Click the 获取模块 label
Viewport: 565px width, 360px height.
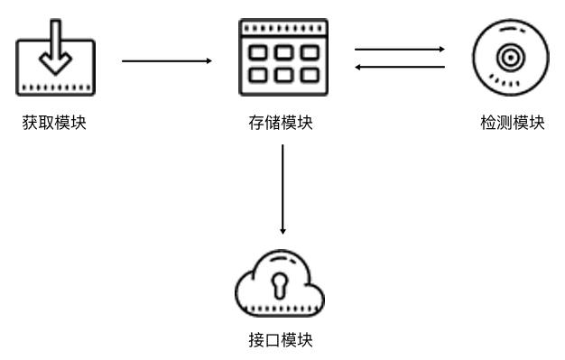(x=54, y=122)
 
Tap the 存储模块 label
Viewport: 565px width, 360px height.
(x=281, y=122)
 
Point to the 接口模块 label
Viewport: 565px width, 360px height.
(x=281, y=340)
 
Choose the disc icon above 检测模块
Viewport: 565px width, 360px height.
(x=510, y=60)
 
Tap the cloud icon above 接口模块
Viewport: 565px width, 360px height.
(x=279, y=286)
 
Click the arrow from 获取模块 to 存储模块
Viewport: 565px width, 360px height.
(x=166, y=60)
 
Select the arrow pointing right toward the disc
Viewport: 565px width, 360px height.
(x=400, y=50)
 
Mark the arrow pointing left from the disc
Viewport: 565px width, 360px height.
(x=400, y=67)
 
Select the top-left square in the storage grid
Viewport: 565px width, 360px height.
(x=259, y=52)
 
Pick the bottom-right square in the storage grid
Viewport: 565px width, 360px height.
(x=307, y=72)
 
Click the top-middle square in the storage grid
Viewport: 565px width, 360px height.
(x=282, y=52)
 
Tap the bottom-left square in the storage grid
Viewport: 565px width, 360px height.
(x=259, y=72)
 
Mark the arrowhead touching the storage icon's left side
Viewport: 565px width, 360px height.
(x=208, y=60)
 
